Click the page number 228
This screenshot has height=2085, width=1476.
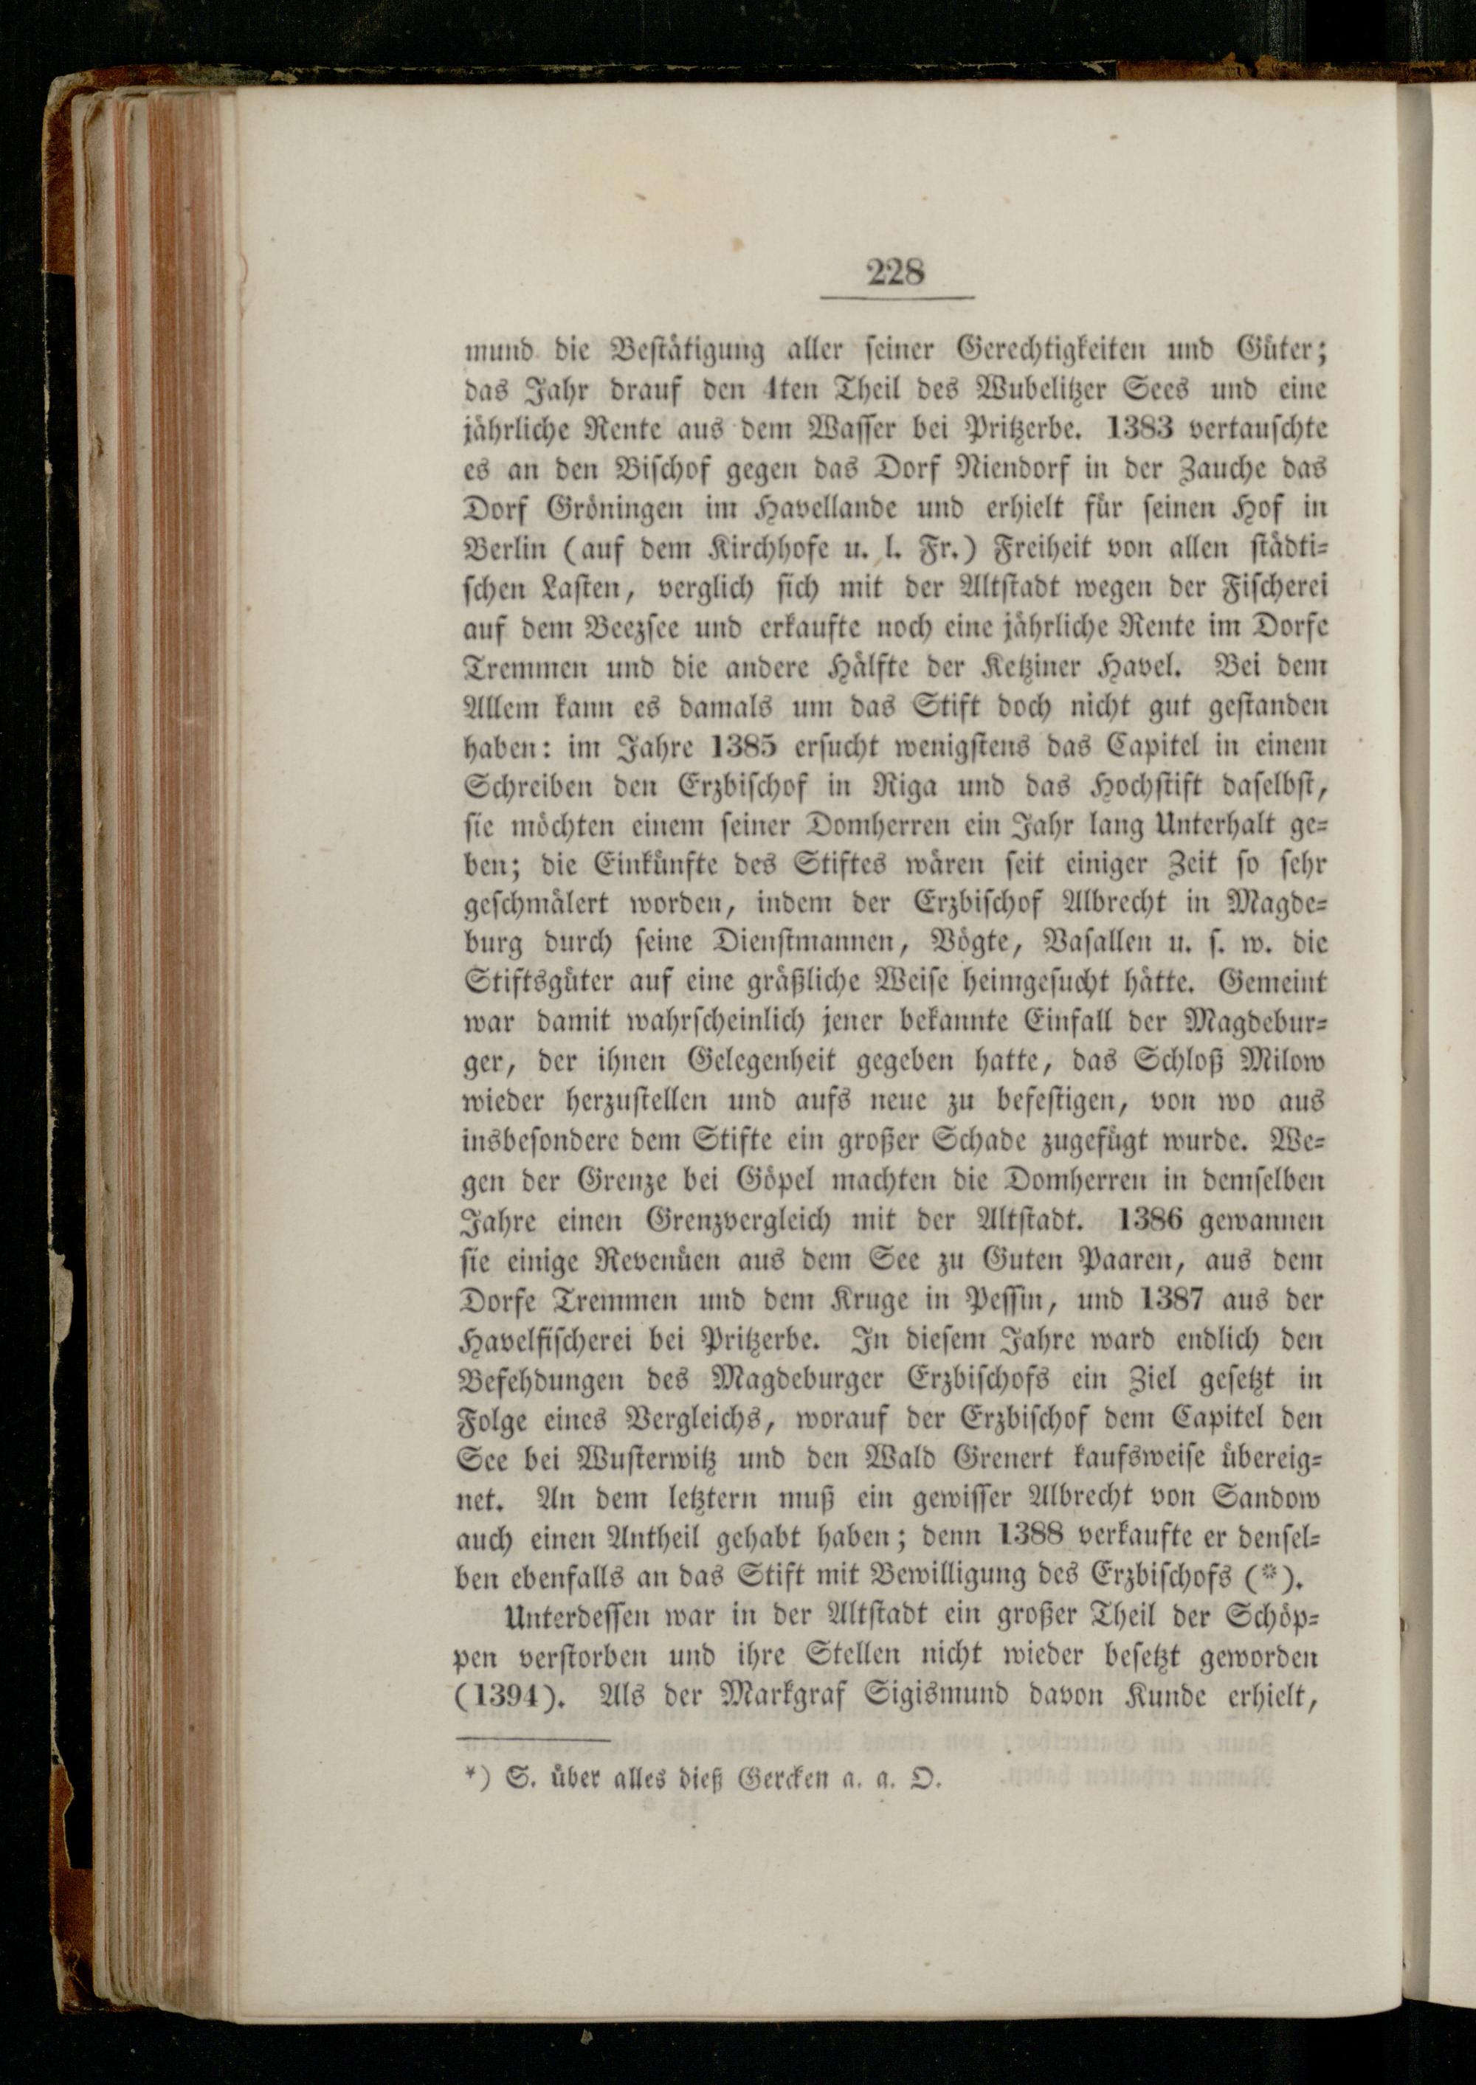coord(895,272)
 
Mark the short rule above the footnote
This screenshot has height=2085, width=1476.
coord(534,1740)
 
